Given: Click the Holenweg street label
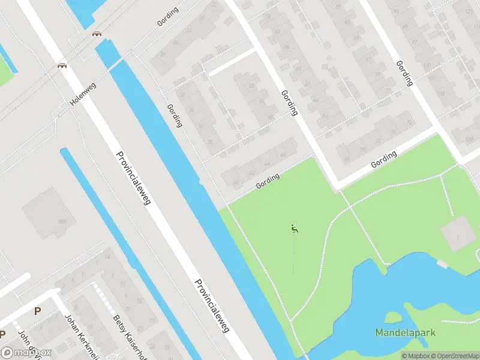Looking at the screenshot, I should pyautogui.click(x=83, y=94).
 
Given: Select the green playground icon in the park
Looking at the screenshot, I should pyautogui.click(x=294, y=228).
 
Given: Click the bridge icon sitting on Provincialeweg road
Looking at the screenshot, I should pyautogui.click(x=61, y=65).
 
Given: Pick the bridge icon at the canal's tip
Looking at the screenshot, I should pyautogui.click(x=96, y=34).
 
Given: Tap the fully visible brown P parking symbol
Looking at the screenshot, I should pyautogui.click(x=37, y=311).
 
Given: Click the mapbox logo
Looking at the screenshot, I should pyautogui.click(x=26, y=353).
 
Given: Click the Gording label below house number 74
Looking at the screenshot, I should pyautogui.click(x=384, y=159).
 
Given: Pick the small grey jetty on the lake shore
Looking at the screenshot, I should pyautogui.click(x=442, y=264).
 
